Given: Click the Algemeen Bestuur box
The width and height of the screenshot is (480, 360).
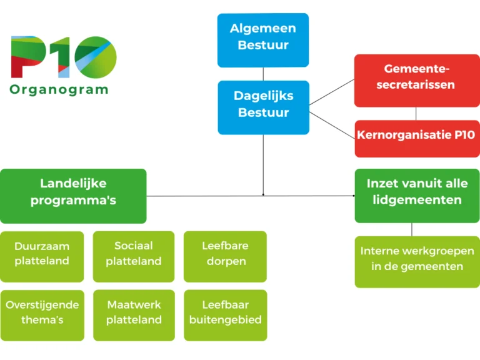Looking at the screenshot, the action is pos(263,40).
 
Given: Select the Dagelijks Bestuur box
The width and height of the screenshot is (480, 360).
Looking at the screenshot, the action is pos(264,107).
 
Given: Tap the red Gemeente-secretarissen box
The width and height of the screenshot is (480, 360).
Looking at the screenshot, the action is pos(417,81).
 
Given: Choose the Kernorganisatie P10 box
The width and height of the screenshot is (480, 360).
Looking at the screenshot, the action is pos(417,139).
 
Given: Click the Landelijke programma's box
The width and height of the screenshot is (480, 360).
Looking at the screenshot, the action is pos(73,196).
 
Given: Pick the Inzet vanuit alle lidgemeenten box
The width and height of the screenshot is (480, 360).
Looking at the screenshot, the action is pos(417,196).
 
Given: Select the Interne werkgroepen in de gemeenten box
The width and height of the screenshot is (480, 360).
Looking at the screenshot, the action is pos(417,262).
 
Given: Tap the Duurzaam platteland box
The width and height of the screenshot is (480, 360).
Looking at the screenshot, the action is pos(42,256).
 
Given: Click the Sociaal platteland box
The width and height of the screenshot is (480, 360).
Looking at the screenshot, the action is pos(134,256).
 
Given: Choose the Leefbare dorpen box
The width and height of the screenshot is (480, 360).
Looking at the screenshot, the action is pos(225,256).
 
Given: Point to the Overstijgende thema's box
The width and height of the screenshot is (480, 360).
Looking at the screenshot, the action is pos(42,315).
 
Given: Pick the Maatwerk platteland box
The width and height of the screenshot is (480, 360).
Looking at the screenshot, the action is pos(134,315).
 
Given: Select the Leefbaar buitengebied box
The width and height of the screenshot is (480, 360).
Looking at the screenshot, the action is pos(226,315).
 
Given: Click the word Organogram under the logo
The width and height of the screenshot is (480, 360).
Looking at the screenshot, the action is pos(59,90).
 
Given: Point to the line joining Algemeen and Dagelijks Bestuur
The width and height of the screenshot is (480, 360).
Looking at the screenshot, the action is pos(263,74).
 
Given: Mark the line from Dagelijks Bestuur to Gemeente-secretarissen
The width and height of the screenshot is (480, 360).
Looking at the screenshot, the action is pos(332,92).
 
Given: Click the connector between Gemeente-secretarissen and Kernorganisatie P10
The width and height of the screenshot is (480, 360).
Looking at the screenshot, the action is pos(416,114).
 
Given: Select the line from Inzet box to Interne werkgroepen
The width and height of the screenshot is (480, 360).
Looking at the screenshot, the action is pos(412,229).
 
